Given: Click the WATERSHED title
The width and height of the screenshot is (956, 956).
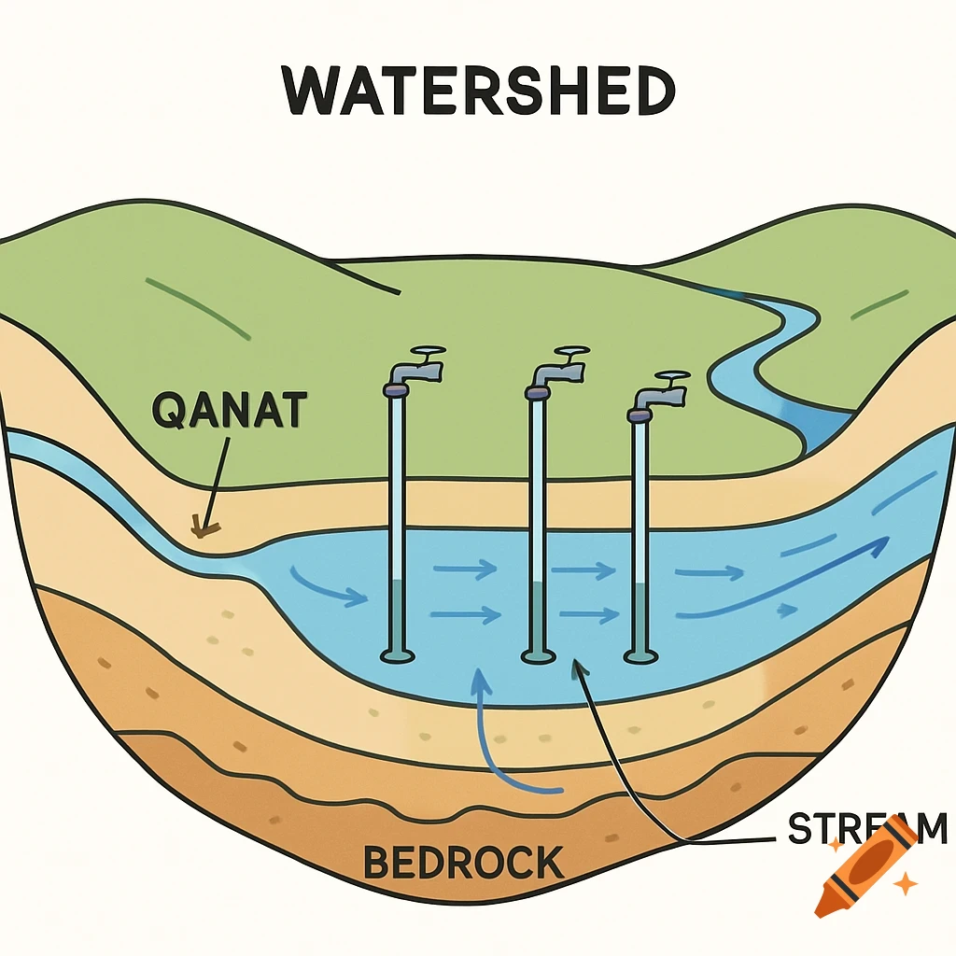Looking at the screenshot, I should (x=478, y=91).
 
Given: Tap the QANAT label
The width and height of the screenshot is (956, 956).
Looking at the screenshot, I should (x=229, y=411).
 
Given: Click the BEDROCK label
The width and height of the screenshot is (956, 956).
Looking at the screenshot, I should (x=463, y=861).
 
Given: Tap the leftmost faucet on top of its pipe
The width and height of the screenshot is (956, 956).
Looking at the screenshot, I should (x=414, y=367).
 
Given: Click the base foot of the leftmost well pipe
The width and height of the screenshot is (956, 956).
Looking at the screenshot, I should (x=397, y=656).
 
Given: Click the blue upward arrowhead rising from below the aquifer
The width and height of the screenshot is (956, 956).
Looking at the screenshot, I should (x=481, y=680).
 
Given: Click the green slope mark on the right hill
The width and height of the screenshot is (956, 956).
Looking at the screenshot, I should (x=879, y=302).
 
